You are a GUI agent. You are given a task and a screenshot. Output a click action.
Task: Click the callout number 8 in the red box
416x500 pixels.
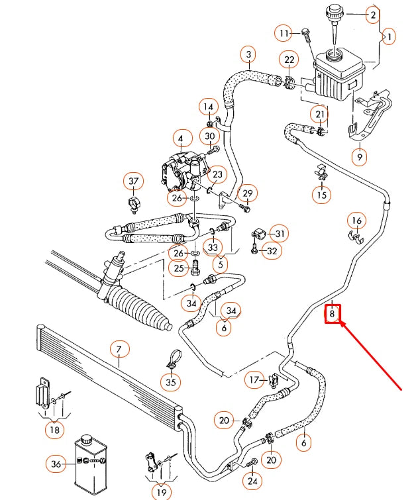333,314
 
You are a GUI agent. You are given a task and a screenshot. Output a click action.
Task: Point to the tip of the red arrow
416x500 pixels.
340,323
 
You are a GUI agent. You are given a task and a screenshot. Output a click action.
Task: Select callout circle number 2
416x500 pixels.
373,15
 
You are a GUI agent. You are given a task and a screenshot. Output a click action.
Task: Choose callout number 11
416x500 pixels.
285,32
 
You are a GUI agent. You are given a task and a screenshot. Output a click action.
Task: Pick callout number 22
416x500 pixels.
289,60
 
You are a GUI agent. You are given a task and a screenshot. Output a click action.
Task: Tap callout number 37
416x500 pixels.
134,181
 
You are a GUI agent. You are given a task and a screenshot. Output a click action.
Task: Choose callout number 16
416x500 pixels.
356,221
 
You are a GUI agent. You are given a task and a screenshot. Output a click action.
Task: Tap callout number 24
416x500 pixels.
251,481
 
